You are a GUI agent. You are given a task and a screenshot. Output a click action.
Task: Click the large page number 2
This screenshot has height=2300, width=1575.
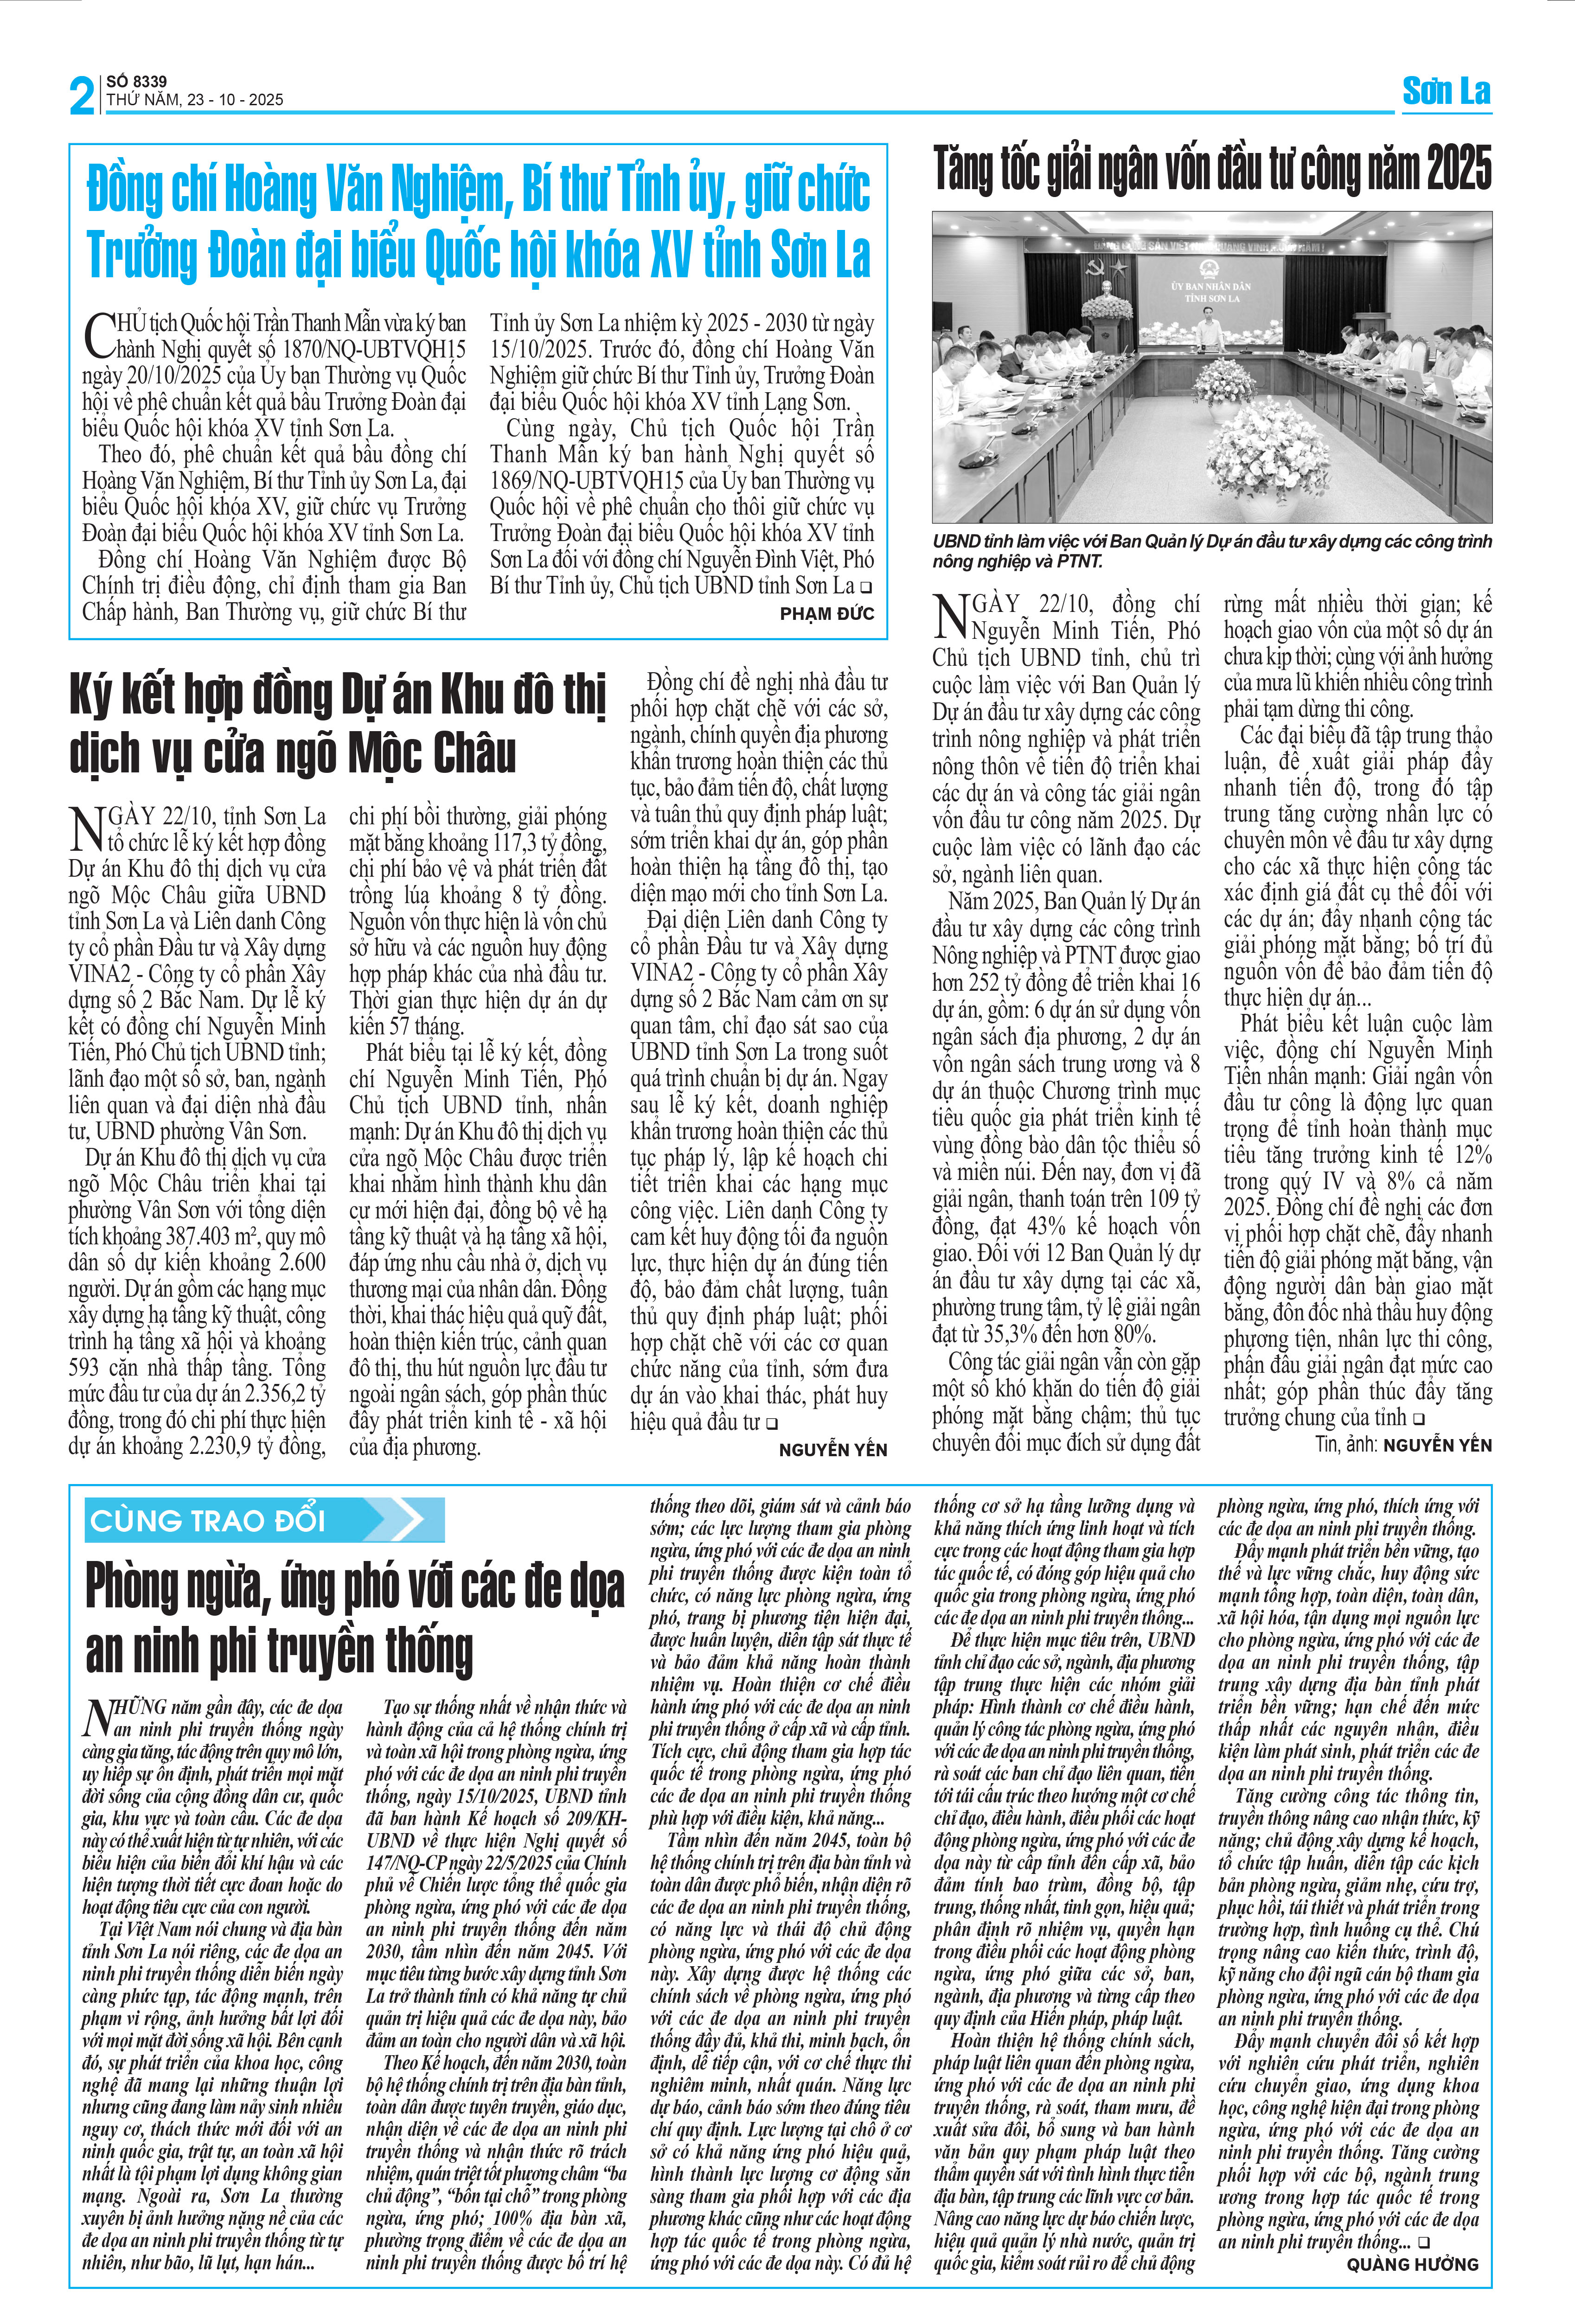(81, 96)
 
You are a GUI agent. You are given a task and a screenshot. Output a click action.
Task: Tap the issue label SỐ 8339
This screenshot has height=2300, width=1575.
(137, 81)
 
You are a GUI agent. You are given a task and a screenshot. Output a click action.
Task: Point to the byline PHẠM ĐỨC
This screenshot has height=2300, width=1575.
(826, 614)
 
